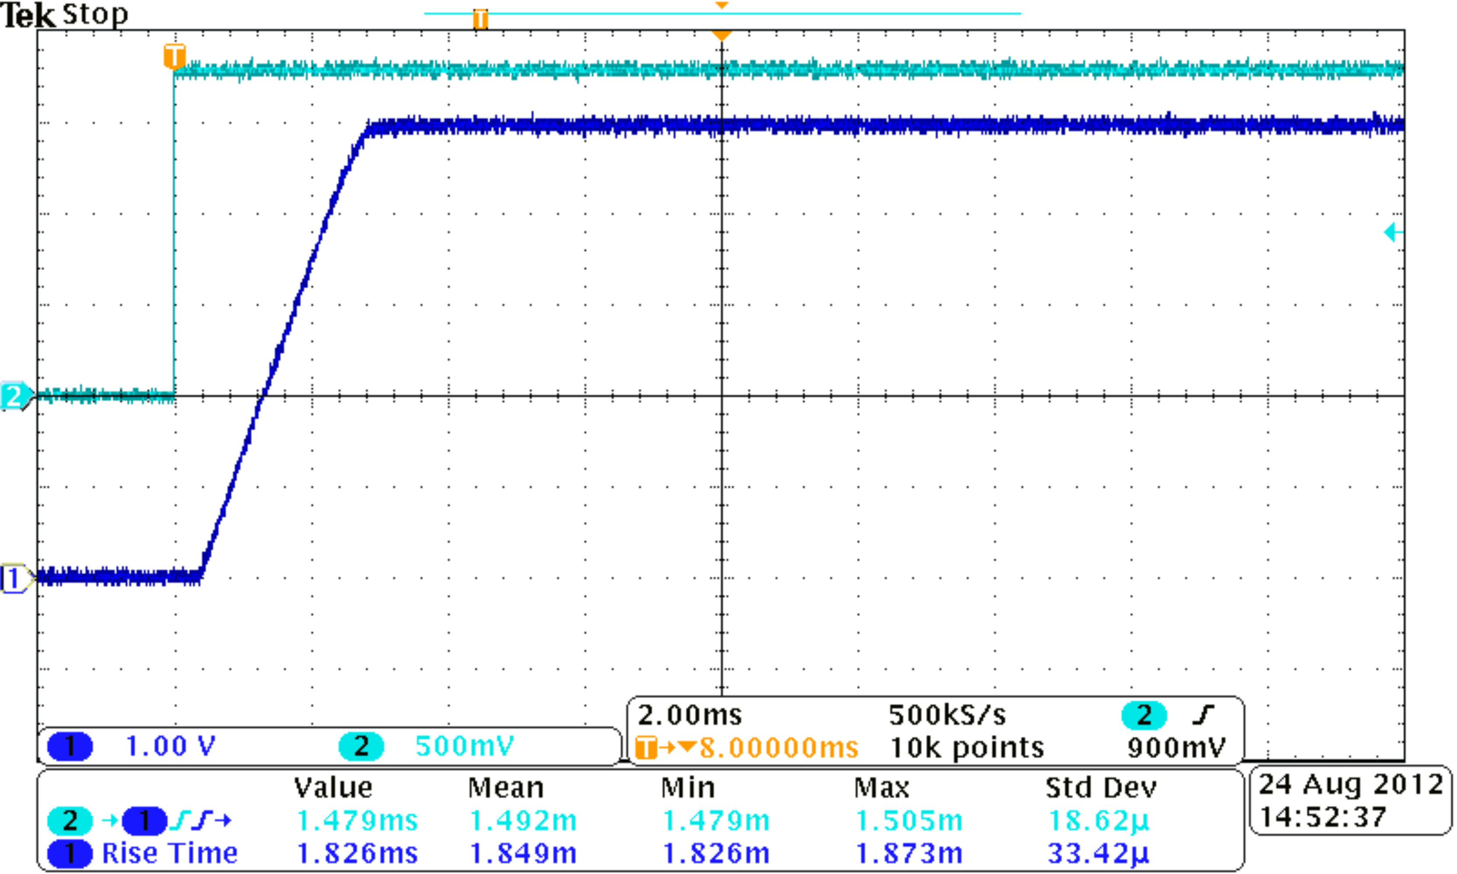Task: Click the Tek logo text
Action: click(28, 16)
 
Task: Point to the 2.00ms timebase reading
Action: click(690, 715)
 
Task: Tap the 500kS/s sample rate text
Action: click(947, 715)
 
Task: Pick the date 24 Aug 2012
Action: click(1350, 785)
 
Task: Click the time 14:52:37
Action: click(1323, 817)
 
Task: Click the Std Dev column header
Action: click(1101, 788)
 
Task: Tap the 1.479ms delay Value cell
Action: click(357, 820)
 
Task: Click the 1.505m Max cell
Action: click(909, 820)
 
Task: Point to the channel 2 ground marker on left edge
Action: click(14, 396)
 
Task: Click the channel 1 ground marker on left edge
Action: click(14, 578)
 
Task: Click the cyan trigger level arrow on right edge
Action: click(1393, 232)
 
